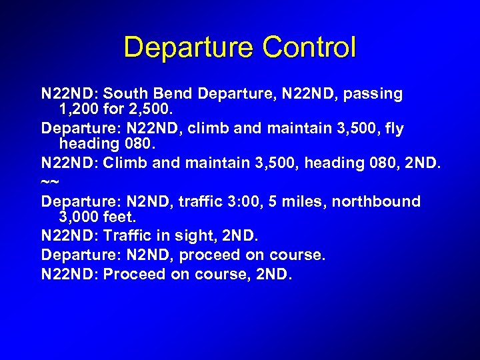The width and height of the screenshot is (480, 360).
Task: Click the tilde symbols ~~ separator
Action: pos(50,181)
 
